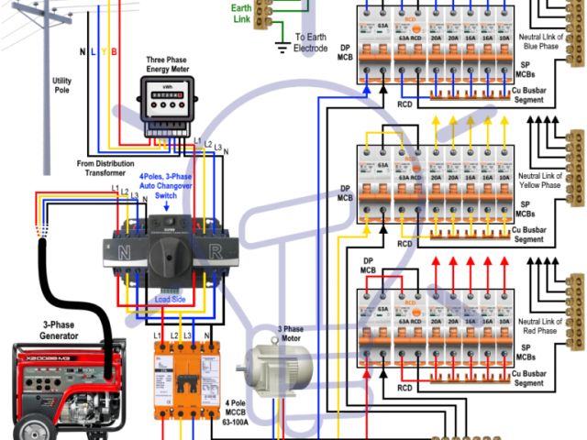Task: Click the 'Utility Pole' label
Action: point(61,88)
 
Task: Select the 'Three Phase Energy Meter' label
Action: point(168,65)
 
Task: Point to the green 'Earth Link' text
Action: point(242,13)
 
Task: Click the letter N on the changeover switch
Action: point(120,248)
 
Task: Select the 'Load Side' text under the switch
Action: point(169,300)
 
